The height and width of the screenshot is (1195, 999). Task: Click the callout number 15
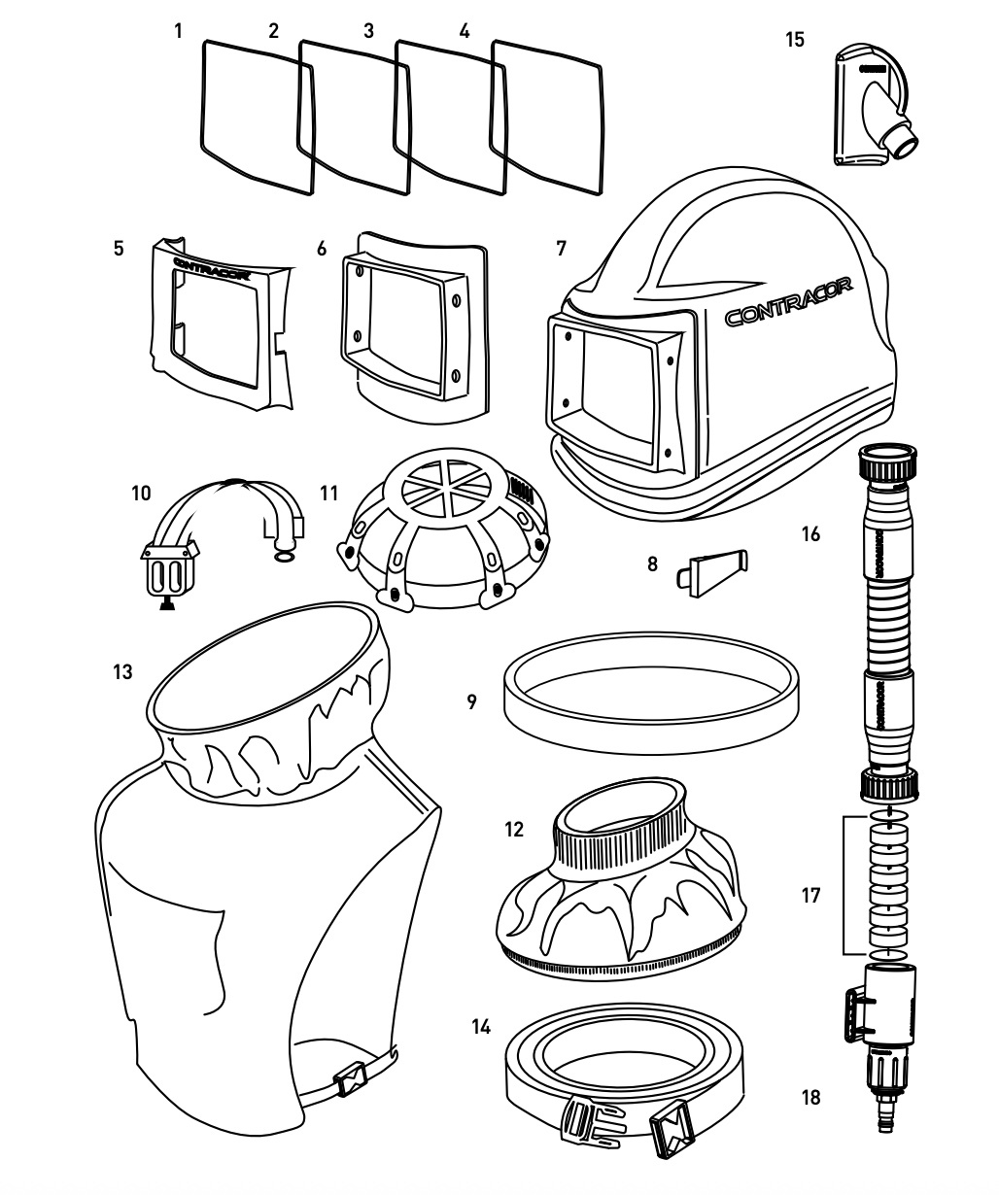[795, 40]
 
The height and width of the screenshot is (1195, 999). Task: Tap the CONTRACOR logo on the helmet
[789, 304]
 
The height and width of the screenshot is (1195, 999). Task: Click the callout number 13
[122, 671]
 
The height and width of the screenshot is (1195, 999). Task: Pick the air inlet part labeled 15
[873, 108]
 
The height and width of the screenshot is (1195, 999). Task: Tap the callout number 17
[810, 895]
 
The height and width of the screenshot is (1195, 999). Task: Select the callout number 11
[329, 493]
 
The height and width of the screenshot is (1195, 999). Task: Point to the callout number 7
[561, 248]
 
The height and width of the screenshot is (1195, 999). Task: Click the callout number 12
[514, 831]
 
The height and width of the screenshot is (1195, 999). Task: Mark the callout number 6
[322, 248]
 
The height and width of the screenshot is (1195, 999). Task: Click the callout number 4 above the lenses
[464, 31]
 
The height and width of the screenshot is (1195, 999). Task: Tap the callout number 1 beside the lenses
[178, 31]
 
